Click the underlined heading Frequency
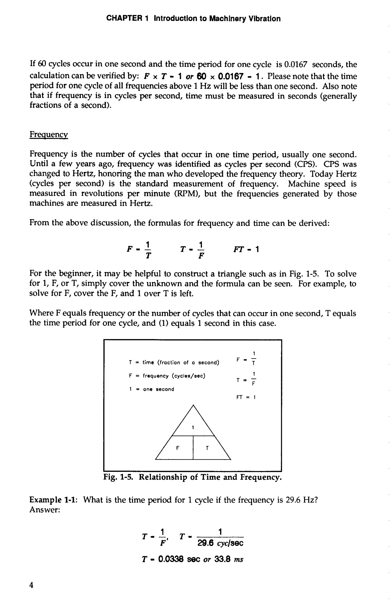coord(49,134)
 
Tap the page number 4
coord(31,585)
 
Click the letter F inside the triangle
coord(177,448)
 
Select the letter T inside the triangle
coord(207,448)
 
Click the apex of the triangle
coord(193,405)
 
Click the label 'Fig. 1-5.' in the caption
coord(117,477)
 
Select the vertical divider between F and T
coord(193,447)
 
